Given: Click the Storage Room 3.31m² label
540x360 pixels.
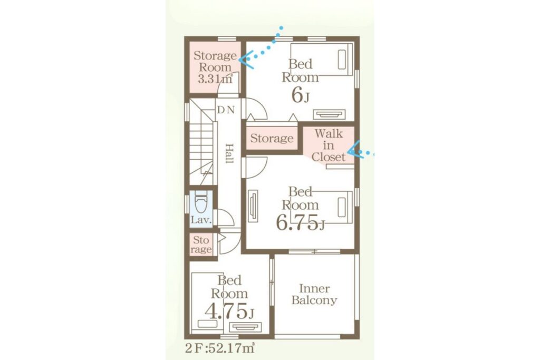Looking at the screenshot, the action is (215, 67).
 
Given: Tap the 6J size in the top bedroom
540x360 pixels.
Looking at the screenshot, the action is (300, 95).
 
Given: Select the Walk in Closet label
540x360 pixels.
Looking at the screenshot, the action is (328, 145).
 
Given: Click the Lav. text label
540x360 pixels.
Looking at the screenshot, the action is (201, 220).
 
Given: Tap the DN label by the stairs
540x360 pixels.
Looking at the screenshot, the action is (226, 110).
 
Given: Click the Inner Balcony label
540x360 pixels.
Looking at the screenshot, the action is (314, 294).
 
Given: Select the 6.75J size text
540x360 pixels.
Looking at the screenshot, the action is (300, 223).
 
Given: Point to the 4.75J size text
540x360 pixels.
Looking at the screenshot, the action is (229, 311).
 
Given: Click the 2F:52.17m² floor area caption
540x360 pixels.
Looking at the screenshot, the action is (220, 348).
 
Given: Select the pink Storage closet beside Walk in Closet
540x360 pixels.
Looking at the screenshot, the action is (272, 138).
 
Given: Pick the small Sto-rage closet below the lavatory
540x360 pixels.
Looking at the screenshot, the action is (201, 245).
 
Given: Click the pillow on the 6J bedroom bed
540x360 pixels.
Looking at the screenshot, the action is (342, 60).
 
